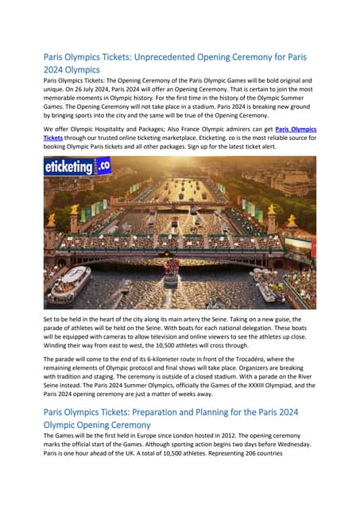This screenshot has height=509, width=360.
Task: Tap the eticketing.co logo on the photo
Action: [77, 169]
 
